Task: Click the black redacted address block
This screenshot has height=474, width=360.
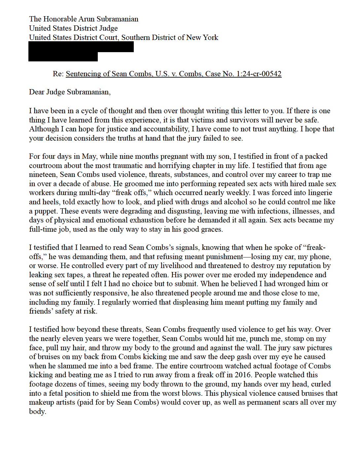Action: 81,51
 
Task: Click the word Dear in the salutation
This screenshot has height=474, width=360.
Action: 37,92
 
